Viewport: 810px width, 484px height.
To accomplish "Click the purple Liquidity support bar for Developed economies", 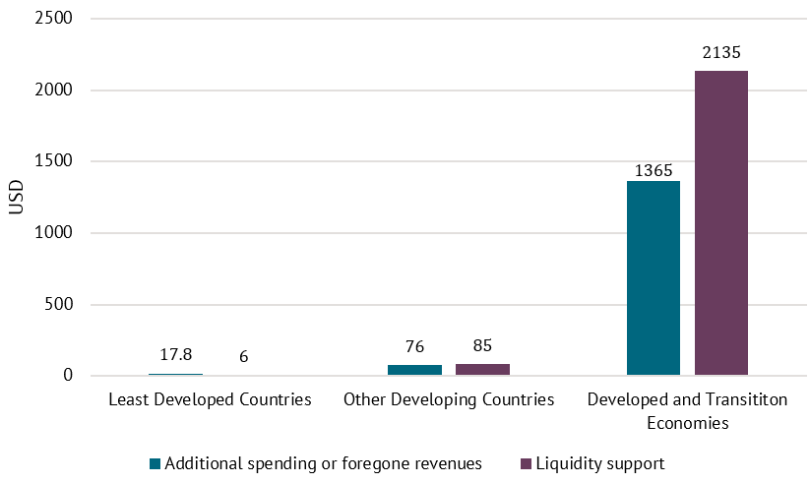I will [721, 223].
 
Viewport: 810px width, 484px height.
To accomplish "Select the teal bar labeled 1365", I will [654, 278].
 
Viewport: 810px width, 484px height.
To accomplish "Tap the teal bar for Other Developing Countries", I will [414, 370].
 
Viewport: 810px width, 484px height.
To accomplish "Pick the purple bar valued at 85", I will [482, 369].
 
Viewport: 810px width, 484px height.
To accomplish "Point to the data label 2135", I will [721, 53].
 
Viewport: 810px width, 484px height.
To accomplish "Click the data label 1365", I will [654, 170].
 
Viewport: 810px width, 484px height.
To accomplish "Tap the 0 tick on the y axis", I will [67, 376].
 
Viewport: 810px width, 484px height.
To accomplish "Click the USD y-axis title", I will [16, 197].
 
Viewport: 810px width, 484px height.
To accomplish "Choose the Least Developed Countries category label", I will [210, 400].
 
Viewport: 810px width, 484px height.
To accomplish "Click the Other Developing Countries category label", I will [449, 400].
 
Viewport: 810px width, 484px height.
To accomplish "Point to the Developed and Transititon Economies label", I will [687, 411].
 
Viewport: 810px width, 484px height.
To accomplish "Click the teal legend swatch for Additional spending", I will [155, 463].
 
